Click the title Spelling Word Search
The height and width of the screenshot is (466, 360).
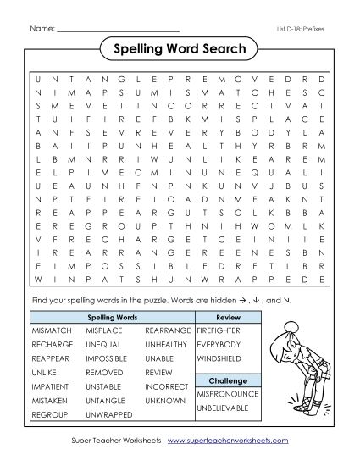(179, 48)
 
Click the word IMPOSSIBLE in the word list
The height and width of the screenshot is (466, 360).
(109, 358)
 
